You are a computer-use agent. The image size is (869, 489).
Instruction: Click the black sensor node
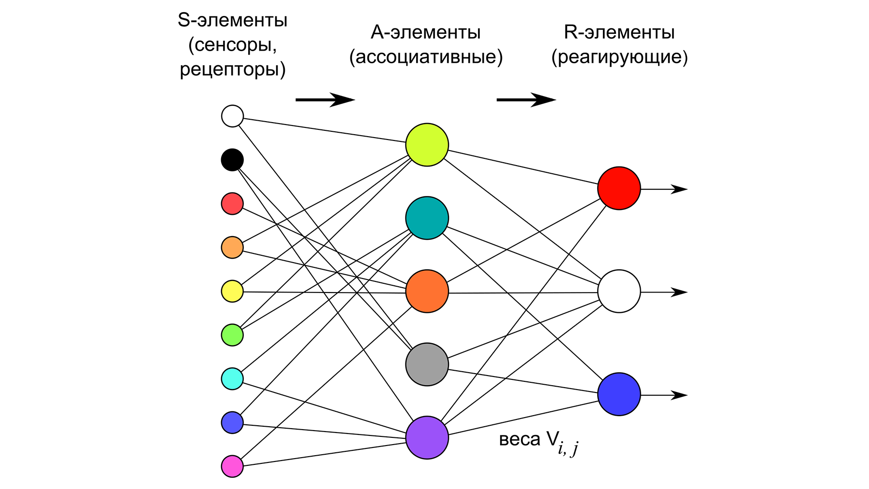point(232,160)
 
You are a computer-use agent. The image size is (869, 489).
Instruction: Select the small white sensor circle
point(232,116)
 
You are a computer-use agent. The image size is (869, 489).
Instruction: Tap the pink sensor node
point(232,466)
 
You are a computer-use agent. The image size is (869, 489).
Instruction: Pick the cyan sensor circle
point(232,378)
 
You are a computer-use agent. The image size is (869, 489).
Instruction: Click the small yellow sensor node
point(232,291)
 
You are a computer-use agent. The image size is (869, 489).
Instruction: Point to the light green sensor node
point(232,335)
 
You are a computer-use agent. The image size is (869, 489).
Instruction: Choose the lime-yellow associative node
point(427,145)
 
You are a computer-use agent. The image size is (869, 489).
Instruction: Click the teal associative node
point(427,218)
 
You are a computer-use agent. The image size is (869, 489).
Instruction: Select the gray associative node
point(427,364)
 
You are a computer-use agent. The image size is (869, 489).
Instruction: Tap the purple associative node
point(427,437)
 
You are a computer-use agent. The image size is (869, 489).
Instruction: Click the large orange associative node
point(427,291)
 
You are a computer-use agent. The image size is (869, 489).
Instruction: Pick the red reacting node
point(619,188)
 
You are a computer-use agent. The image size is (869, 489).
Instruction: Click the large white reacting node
point(619,291)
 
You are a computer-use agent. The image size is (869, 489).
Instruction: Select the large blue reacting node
point(619,394)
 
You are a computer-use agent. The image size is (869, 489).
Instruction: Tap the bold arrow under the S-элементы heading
point(325,100)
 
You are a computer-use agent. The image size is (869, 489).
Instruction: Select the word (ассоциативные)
point(426,57)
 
